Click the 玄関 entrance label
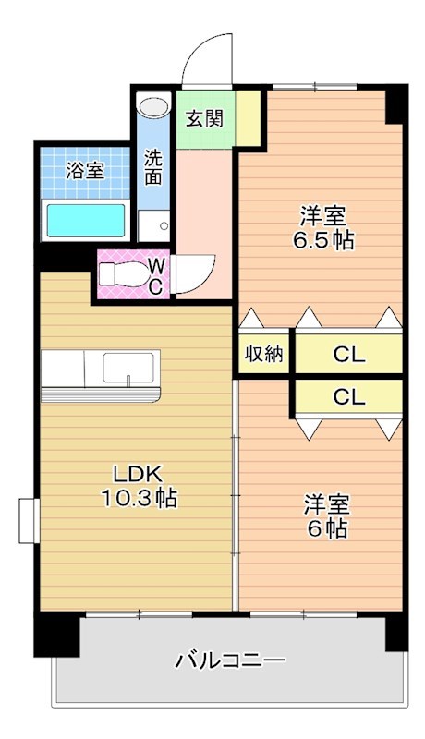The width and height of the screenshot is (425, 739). click(x=204, y=118)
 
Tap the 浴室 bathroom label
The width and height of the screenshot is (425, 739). click(x=85, y=170)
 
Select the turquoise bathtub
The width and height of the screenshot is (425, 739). click(x=86, y=220)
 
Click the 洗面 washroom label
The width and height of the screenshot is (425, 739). click(x=153, y=167)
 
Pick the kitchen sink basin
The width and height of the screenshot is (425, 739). click(x=128, y=368)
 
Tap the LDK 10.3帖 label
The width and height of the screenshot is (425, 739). click(x=139, y=486)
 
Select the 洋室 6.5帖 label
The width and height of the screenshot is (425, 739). click(x=323, y=228)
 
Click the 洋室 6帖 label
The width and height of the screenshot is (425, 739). click(x=326, y=516)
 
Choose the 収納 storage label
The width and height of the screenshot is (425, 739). click(x=264, y=353)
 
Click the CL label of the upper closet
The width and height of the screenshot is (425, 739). click(x=349, y=355)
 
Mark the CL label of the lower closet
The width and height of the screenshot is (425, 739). click(x=349, y=397)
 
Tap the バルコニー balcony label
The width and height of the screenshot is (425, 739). click(x=230, y=660)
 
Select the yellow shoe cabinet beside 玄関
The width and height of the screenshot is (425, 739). click(x=248, y=118)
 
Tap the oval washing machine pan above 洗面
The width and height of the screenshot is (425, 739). click(x=153, y=107)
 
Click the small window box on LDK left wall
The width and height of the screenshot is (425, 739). click(x=29, y=521)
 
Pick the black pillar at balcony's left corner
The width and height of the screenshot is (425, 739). click(x=56, y=634)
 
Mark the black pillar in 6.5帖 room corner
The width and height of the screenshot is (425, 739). click(x=395, y=104)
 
